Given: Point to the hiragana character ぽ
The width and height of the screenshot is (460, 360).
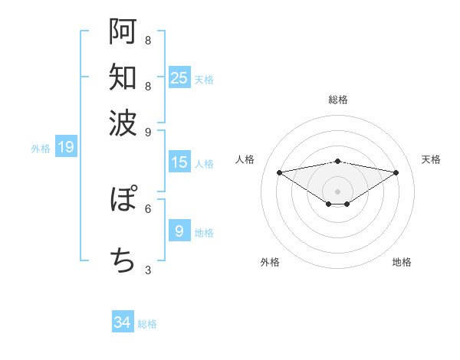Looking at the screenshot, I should [x=123, y=201].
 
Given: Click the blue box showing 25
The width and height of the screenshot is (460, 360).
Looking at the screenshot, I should [x=179, y=78].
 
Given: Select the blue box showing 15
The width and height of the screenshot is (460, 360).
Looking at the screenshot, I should [x=179, y=162].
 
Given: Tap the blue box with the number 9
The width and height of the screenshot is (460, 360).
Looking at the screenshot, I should [x=179, y=231].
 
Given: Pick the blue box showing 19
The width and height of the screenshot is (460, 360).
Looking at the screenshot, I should [x=66, y=147].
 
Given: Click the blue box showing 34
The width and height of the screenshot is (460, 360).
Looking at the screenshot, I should [x=123, y=322].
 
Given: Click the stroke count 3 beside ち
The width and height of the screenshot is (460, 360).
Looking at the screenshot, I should [x=148, y=270].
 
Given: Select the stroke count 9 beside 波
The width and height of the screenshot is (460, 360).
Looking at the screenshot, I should [x=148, y=131].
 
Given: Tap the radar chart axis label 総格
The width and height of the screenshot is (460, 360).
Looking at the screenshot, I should [x=338, y=100].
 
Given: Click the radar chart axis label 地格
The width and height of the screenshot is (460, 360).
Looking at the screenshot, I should [x=402, y=262].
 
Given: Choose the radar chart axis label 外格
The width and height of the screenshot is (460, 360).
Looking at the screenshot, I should [x=270, y=262].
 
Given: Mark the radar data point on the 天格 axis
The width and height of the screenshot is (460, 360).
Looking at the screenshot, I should [x=396, y=172].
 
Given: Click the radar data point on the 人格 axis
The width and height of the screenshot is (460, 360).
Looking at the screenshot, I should [x=280, y=172].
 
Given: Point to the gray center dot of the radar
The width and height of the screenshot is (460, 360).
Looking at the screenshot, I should [x=338, y=191].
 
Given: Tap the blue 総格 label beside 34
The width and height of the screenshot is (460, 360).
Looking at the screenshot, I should [x=147, y=324].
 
